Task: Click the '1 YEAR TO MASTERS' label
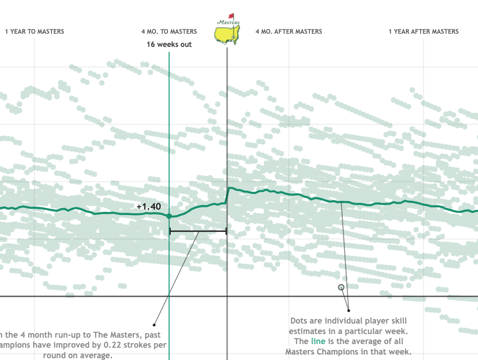click(35, 31)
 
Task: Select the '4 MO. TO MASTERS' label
click(169, 31)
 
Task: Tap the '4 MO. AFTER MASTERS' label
click(289, 31)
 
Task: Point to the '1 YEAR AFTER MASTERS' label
click(423, 31)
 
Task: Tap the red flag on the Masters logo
click(231, 16)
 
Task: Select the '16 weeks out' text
click(169, 44)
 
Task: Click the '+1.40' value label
click(148, 206)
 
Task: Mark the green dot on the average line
click(169, 216)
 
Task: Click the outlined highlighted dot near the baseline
click(341, 287)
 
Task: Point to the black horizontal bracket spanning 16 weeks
click(198, 231)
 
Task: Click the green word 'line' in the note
click(318, 341)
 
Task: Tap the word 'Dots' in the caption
click(300, 321)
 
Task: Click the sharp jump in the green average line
click(227, 195)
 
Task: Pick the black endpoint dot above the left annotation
click(154, 325)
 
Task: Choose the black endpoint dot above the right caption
click(349, 310)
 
